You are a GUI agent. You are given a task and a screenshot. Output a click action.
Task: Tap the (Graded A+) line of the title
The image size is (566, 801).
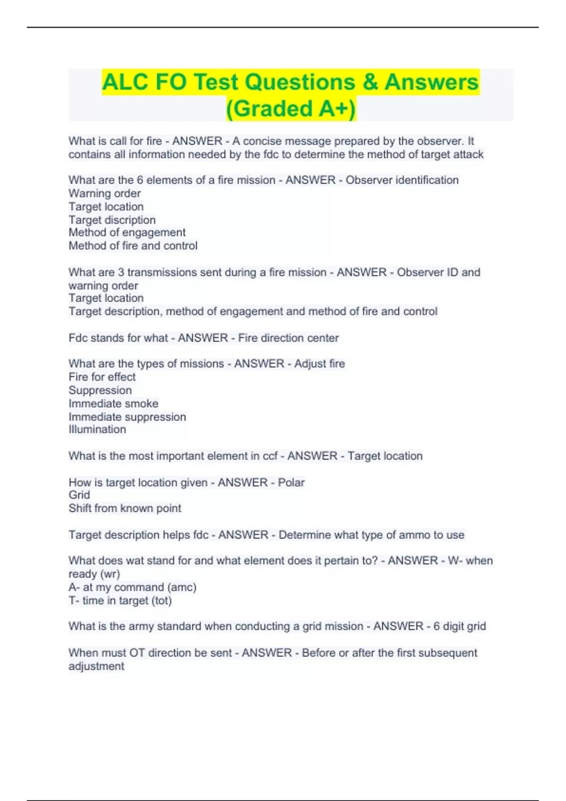point(291,108)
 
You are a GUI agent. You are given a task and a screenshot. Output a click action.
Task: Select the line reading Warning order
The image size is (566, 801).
point(104,193)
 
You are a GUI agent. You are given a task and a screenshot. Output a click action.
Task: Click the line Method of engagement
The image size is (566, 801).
point(127,232)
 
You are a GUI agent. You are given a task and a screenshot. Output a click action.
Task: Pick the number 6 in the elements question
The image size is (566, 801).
point(140,180)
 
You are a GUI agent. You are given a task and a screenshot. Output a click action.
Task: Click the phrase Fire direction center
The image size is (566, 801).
point(288,338)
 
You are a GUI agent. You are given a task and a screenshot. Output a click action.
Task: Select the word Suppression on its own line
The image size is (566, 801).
point(100,390)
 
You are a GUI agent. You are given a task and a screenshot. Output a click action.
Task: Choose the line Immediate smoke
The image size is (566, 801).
point(113,403)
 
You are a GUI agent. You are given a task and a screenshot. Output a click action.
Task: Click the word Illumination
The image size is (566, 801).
point(97,429)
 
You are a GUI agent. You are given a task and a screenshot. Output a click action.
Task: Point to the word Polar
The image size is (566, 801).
point(291,482)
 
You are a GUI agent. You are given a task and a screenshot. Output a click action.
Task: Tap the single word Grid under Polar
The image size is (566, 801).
point(79,495)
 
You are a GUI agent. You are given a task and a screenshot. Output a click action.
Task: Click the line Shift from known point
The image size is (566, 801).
point(125,508)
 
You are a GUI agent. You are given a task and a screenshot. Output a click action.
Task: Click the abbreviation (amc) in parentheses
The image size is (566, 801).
point(182,587)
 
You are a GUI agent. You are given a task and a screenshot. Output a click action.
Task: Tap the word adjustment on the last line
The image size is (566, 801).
point(96,666)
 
